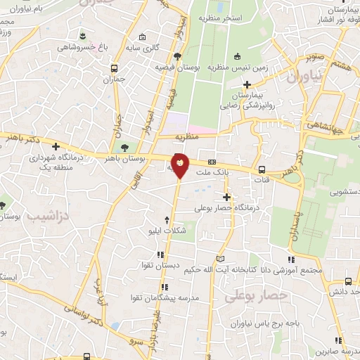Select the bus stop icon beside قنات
coord(262,169)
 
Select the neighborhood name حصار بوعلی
coord(256,297)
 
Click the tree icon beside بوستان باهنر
coord(124,148)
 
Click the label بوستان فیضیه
coord(179,67)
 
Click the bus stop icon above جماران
coord(114,70)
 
